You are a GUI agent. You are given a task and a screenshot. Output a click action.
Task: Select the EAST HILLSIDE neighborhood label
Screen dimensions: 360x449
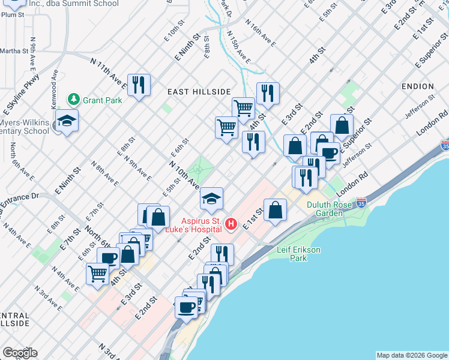point(199,91)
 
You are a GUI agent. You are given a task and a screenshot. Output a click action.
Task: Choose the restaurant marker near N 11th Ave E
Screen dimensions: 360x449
point(139,84)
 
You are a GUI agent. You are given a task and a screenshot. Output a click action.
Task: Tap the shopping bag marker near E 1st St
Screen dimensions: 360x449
point(275,209)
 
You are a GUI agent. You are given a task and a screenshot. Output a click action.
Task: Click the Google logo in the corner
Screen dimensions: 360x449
point(20,353)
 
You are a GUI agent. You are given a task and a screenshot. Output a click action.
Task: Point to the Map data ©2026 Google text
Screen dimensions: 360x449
point(411,355)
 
